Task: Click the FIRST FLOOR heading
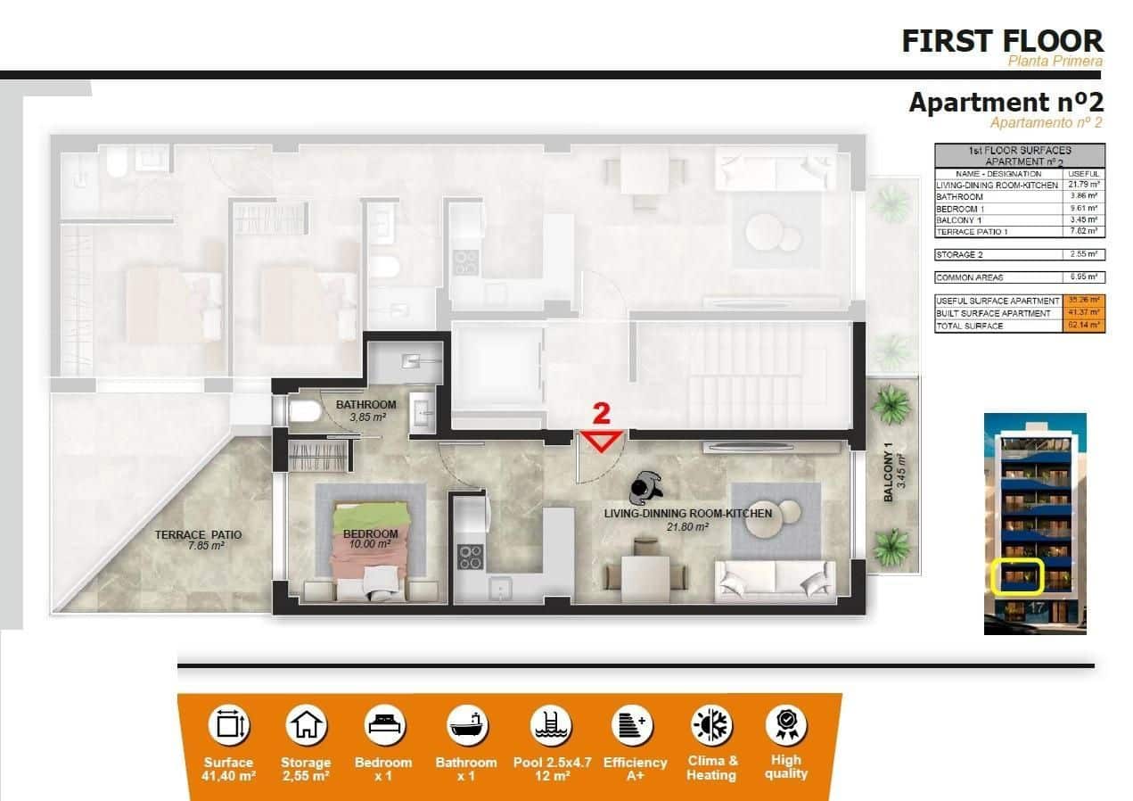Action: click(1002, 40)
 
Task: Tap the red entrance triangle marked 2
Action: click(603, 440)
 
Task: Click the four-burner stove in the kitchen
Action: click(470, 556)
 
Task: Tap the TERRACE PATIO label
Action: click(198, 535)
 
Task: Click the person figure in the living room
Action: click(645, 487)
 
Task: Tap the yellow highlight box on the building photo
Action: click(1017, 576)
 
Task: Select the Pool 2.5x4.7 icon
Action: click(550, 725)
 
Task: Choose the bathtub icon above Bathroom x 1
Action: click(466, 725)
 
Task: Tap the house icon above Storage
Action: click(306, 725)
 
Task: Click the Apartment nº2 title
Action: click(1006, 103)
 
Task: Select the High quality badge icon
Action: click(785, 725)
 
